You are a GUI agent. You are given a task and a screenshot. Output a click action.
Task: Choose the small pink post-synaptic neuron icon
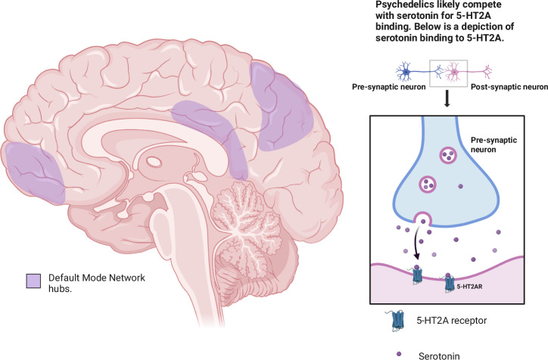click(x=459, y=74)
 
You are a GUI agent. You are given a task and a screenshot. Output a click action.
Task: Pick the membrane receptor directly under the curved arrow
click(x=417, y=275)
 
